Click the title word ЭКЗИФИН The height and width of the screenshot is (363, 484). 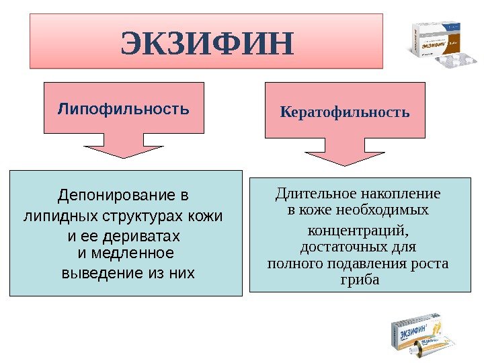[x=207, y=43]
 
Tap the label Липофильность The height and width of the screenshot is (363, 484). [x=124, y=108]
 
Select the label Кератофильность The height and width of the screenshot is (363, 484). [x=345, y=111]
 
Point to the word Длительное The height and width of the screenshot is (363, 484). [x=308, y=194]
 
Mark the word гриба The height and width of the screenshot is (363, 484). [x=360, y=278]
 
